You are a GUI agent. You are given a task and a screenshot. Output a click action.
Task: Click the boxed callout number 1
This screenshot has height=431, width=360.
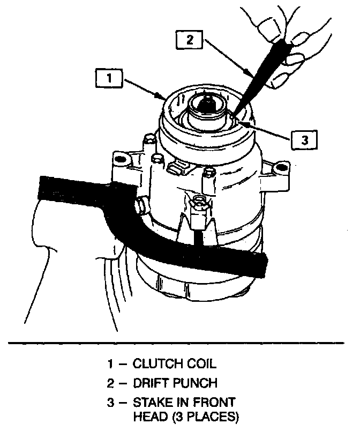[x=109, y=79]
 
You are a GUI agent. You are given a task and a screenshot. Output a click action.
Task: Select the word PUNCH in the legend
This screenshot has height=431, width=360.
[x=199, y=383]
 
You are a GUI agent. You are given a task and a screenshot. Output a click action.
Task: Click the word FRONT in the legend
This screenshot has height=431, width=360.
[x=213, y=402]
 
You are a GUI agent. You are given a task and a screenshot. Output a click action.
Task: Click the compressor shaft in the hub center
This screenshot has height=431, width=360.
[x=206, y=104]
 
